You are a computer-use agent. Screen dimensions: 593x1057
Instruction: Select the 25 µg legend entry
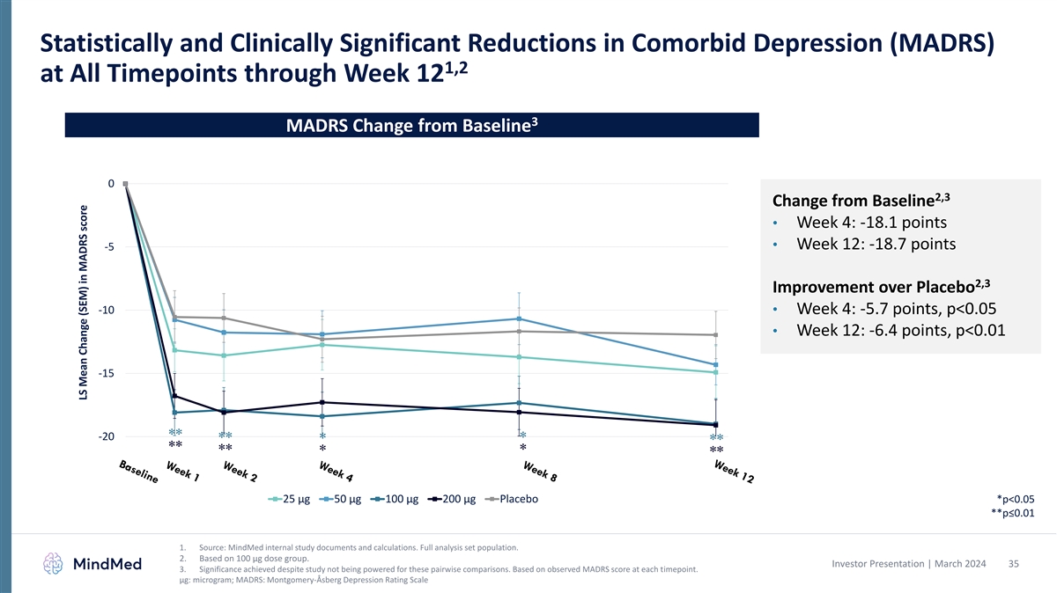tap(289, 501)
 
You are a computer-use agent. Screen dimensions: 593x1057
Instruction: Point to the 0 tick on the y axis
tap(110, 184)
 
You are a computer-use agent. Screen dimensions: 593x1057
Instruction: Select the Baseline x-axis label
tap(139, 471)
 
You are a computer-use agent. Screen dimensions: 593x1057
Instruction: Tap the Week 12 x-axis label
tap(734, 472)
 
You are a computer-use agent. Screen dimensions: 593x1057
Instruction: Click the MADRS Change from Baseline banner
tap(412, 125)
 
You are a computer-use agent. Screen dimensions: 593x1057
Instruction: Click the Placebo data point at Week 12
tap(716, 335)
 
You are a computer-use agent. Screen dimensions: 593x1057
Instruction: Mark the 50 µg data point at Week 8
tap(520, 318)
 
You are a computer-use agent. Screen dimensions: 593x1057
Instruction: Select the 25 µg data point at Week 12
tap(716, 372)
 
